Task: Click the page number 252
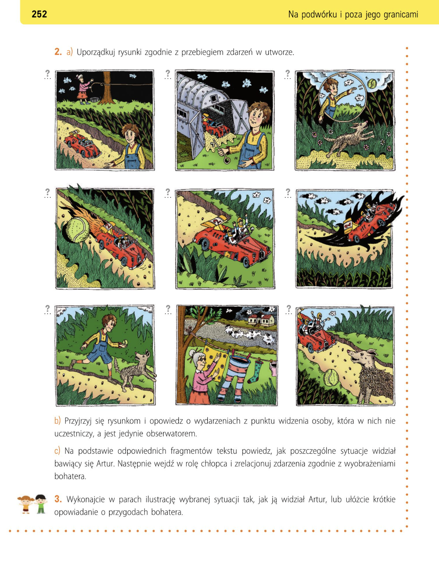pos(39,14)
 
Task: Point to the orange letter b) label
pos(57,421)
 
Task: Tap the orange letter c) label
pos(57,451)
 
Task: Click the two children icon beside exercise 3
pos(33,504)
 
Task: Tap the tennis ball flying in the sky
pos(372,84)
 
